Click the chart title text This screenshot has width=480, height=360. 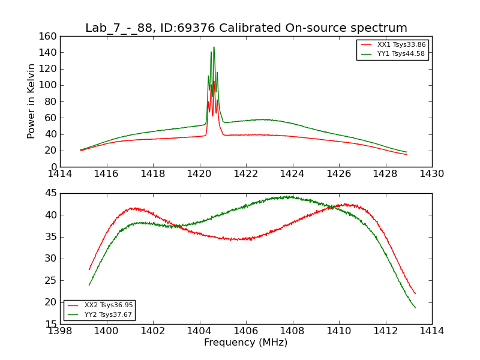pyautogui.click(x=246, y=28)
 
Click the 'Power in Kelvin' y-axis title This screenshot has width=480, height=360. pyautogui.click(x=31, y=101)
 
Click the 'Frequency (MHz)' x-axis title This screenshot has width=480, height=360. pyautogui.click(x=246, y=343)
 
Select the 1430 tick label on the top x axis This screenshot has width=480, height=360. pyautogui.click(x=432, y=174)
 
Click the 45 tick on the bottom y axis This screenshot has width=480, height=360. pyautogui.click(x=52, y=193)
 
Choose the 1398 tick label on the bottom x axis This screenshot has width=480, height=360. pyautogui.click(x=60, y=331)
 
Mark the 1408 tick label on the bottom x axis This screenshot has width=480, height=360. pyautogui.click(x=292, y=331)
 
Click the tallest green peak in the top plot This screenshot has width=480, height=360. pyautogui.click(x=214, y=47)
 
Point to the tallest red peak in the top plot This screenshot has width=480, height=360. pyautogui.click(x=214, y=82)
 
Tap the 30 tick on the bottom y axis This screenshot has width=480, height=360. pyautogui.click(x=52, y=259)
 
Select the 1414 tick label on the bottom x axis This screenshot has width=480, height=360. pyautogui.click(x=432, y=331)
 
